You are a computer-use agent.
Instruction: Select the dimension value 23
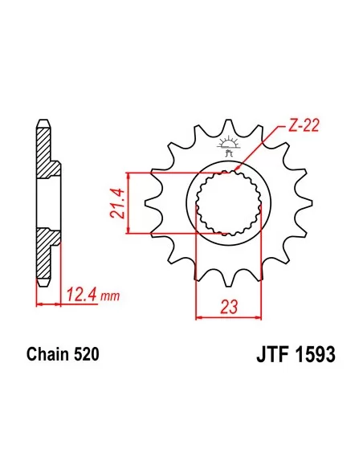pyautogui.click(x=228, y=305)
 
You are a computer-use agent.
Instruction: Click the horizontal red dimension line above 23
pyautogui.click(x=229, y=316)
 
